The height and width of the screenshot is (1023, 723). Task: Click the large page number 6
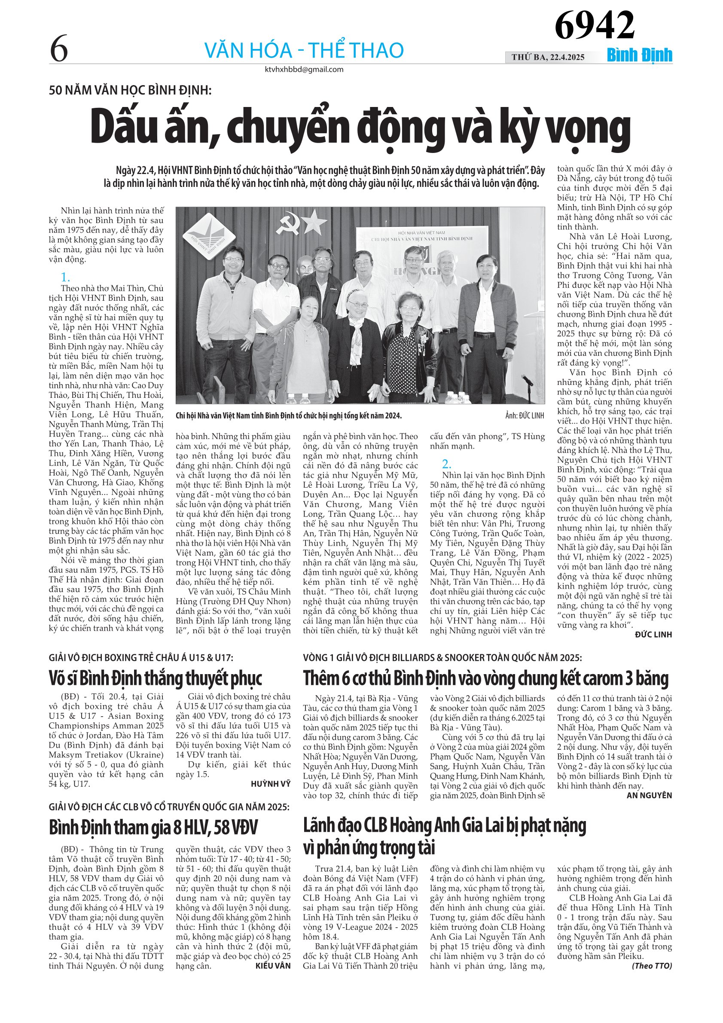(59, 49)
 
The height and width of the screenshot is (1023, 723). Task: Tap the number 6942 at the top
(594, 25)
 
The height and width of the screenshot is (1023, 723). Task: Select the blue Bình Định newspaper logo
(639, 55)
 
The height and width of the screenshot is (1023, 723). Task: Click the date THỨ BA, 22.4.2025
(548, 57)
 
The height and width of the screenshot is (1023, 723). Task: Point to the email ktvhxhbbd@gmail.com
(304, 70)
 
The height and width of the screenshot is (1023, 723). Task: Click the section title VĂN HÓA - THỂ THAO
(304, 50)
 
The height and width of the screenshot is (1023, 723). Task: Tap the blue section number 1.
(65, 277)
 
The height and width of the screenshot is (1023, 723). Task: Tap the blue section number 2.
(446, 464)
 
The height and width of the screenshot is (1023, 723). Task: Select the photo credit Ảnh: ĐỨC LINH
(525, 416)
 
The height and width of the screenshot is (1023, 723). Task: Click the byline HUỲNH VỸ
(270, 784)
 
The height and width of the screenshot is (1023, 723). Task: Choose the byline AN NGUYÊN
(649, 795)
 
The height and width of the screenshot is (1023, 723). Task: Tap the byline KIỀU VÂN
(273, 965)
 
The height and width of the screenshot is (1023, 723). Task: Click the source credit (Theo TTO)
(652, 965)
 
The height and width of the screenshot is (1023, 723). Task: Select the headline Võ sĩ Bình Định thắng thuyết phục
(156, 678)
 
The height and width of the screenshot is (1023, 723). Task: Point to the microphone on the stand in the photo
(527, 380)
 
